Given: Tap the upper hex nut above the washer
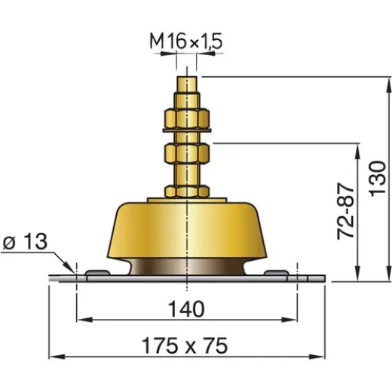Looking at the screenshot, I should [x=187, y=118].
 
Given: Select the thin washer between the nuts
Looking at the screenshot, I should [x=187, y=136].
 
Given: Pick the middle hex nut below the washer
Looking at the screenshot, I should [x=187, y=155].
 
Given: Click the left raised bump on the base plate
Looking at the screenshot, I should [x=97, y=271].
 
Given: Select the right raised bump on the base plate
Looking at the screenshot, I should [x=277, y=271].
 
